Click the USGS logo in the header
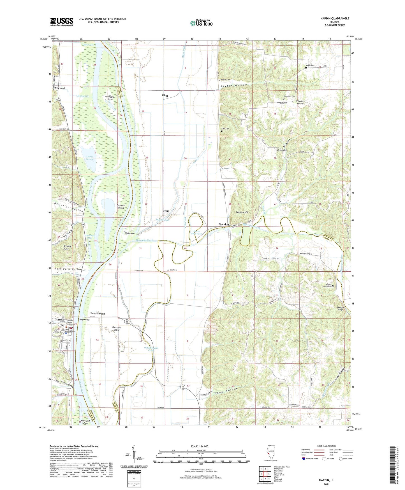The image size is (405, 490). point(62,21)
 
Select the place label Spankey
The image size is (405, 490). point(224,224)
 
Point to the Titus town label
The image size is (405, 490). point(166,211)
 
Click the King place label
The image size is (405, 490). point(165,95)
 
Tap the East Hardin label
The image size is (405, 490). point(98,313)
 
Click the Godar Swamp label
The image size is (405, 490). point(90,158)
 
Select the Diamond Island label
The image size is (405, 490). point(121,207)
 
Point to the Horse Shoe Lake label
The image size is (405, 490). point(196,232)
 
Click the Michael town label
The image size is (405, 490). point(60,88)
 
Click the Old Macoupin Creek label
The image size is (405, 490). point(151,349)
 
